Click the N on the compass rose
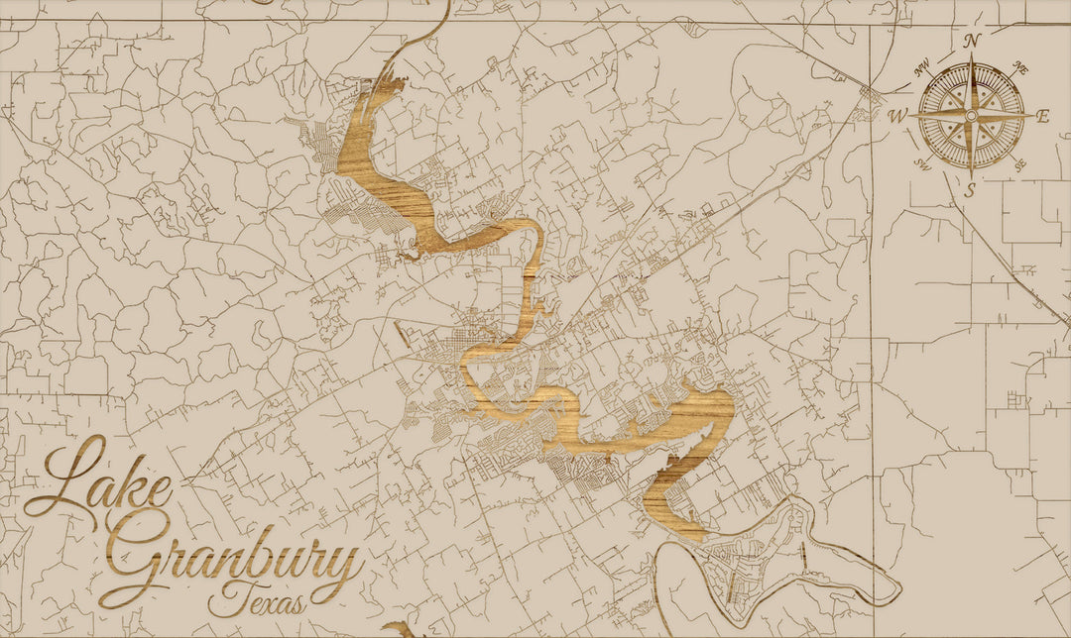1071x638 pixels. (x=972, y=41)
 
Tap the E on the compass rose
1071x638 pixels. (x=1042, y=116)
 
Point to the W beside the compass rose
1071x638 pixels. (x=897, y=116)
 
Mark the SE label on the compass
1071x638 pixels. (x=1020, y=163)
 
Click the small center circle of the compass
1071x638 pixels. (x=972, y=116)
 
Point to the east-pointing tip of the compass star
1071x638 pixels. (x=1031, y=116)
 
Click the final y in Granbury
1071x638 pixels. (x=341, y=570)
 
